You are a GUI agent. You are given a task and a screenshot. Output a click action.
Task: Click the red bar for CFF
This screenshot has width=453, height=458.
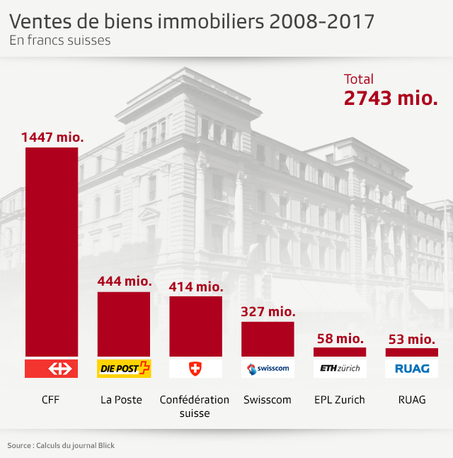[52, 252]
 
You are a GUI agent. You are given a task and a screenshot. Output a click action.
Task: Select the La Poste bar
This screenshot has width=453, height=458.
[124, 323]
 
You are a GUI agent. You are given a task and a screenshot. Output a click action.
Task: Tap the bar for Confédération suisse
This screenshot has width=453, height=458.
[195, 326]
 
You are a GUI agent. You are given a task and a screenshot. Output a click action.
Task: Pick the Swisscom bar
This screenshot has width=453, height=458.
[268, 339]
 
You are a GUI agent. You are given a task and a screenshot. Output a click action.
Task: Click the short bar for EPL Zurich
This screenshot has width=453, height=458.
[340, 352]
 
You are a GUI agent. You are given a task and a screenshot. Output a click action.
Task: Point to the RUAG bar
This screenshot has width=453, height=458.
[412, 352]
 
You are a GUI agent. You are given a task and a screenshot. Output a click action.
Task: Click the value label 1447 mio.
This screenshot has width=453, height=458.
[52, 137]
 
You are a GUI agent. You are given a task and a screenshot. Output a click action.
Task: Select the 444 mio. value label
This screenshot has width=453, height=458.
[125, 281]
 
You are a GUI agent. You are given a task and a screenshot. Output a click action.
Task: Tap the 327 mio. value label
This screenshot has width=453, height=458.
[268, 311]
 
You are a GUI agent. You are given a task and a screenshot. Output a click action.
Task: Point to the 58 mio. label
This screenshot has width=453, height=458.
[340, 339]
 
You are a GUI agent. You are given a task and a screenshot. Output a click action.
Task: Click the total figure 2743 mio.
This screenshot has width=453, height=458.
[391, 99]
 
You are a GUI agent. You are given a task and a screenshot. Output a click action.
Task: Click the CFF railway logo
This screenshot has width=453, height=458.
[52, 369]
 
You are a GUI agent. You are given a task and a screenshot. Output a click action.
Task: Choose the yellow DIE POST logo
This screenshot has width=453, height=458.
[124, 369]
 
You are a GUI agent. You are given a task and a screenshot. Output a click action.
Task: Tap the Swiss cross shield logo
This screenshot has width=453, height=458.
[195, 369]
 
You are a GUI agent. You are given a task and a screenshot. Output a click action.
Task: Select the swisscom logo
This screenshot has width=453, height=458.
[268, 369]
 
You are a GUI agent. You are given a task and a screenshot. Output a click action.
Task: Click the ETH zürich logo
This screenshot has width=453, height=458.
[340, 369]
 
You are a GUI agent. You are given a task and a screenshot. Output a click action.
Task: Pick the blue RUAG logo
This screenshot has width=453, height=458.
[412, 369]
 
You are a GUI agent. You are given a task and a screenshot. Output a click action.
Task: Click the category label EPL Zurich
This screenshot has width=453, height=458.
[340, 400]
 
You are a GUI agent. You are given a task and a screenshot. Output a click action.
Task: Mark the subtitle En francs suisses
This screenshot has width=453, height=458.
[60, 40]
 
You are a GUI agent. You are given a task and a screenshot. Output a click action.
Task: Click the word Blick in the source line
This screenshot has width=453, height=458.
[105, 445]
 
